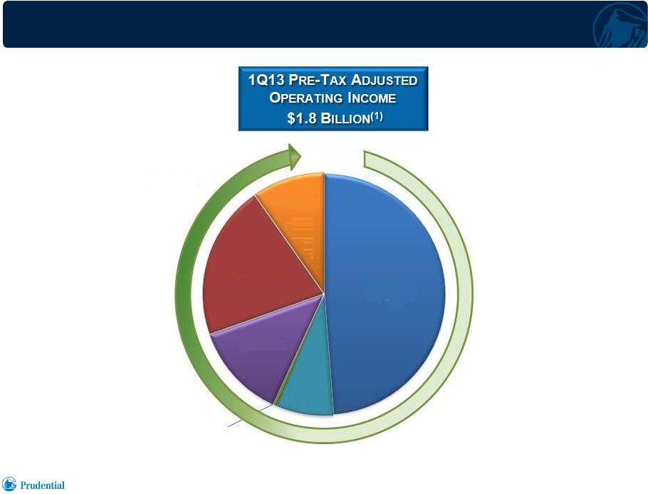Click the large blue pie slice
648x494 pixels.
coord(385,294)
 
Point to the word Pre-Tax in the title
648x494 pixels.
coord(318,79)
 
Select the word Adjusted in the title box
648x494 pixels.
coord(385,79)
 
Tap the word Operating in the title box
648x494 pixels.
coord(306,98)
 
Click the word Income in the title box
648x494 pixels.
coord(372,98)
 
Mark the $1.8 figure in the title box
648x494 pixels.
coord(302,118)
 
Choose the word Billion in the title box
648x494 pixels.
coord(345,119)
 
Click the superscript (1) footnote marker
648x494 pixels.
coord(377,116)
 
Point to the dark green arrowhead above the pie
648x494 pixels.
coord(294,157)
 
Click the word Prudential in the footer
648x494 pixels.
coord(42,485)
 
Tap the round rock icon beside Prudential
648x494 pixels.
coord(9,484)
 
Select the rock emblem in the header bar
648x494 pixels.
coord(620,26)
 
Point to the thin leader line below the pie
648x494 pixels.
coord(250,415)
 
